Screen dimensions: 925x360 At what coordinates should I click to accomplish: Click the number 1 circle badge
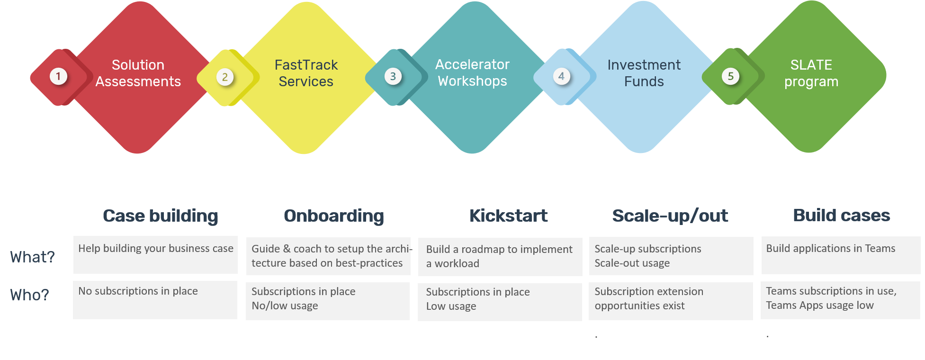(58, 76)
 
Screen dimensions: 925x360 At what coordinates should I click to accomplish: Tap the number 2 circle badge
(225, 77)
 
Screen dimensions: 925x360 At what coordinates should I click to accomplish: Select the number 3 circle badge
(393, 76)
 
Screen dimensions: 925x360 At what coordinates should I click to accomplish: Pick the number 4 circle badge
(561, 76)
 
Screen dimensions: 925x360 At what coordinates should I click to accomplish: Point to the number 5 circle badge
(731, 76)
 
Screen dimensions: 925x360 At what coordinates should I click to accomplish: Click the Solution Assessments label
(138, 73)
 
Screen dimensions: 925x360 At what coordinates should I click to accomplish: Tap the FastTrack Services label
(306, 73)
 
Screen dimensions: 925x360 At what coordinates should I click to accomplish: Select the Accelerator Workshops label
(473, 72)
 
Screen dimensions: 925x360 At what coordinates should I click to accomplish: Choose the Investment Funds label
(644, 73)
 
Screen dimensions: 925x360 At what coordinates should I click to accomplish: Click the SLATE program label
(811, 73)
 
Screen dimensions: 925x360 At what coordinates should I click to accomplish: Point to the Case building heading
(161, 216)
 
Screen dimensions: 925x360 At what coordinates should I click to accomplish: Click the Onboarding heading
(334, 216)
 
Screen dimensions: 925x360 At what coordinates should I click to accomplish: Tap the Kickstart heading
(509, 216)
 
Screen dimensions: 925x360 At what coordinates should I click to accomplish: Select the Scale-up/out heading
(670, 216)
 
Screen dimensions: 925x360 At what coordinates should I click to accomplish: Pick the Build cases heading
(842, 215)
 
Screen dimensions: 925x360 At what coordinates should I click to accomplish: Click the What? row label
(33, 257)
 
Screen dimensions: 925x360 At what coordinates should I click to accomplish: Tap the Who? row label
(29, 295)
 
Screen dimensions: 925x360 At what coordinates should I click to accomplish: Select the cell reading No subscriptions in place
(155, 300)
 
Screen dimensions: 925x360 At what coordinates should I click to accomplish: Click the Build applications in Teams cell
(841, 255)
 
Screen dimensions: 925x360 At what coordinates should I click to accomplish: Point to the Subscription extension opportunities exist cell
(671, 301)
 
